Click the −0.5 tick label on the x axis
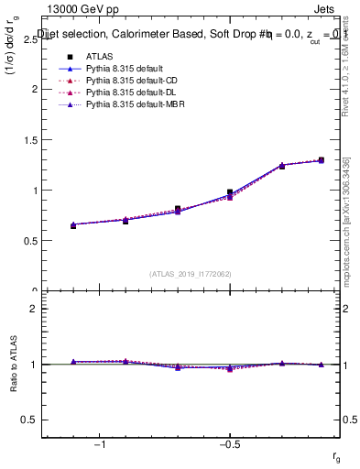[228, 444]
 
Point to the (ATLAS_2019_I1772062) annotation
[191, 273]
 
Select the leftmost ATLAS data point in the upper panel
[73, 224]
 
